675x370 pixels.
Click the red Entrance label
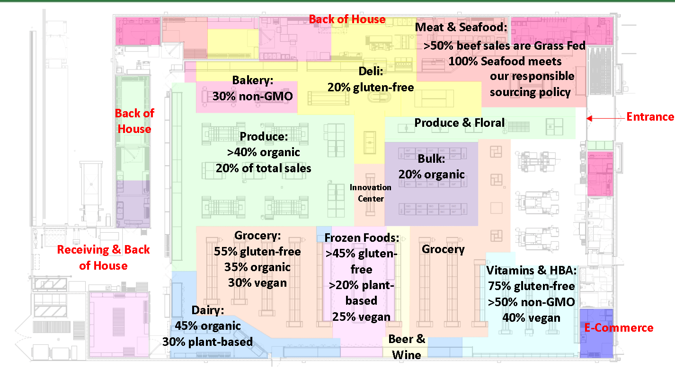click(650, 117)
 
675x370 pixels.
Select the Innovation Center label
click(371, 193)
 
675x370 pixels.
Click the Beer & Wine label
click(407, 346)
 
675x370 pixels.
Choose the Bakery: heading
click(253, 80)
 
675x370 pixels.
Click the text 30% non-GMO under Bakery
click(253, 96)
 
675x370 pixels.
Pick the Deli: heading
click(371, 71)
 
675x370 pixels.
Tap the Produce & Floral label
click(460, 123)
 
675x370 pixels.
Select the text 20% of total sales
click(264, 168)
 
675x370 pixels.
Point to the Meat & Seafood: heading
click(461, 27)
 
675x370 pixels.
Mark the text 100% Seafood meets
click(505, 61)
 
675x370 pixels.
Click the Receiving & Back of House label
click(104, 257)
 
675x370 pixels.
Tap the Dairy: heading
click(208, 310)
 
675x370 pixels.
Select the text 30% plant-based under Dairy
click(207, 342)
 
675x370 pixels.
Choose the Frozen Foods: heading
click(362, 238)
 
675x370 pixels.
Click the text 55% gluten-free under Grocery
click(258, 251)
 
